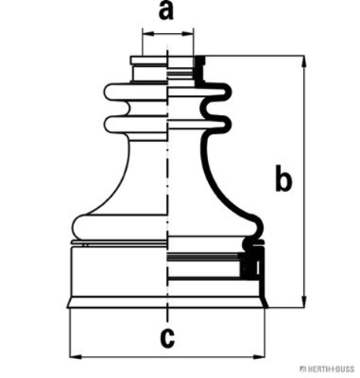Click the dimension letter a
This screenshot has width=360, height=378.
166,11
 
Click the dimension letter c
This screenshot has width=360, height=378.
167,339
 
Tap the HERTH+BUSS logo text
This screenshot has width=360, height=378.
331,369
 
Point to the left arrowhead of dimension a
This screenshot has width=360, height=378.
148,34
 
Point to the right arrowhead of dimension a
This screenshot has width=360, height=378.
187,34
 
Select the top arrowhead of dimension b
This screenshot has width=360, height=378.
304,61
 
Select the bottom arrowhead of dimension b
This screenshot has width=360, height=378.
304,302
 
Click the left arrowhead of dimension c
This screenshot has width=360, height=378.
76,357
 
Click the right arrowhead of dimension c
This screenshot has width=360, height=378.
259,357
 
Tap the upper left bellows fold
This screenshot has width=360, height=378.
135,92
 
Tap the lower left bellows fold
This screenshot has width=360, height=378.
135,125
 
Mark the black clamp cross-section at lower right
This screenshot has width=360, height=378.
251,265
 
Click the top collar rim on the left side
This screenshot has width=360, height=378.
149,60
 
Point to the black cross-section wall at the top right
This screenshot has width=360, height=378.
199,71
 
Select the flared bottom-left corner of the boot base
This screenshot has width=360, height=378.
70,302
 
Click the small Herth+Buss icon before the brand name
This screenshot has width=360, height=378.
303,369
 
